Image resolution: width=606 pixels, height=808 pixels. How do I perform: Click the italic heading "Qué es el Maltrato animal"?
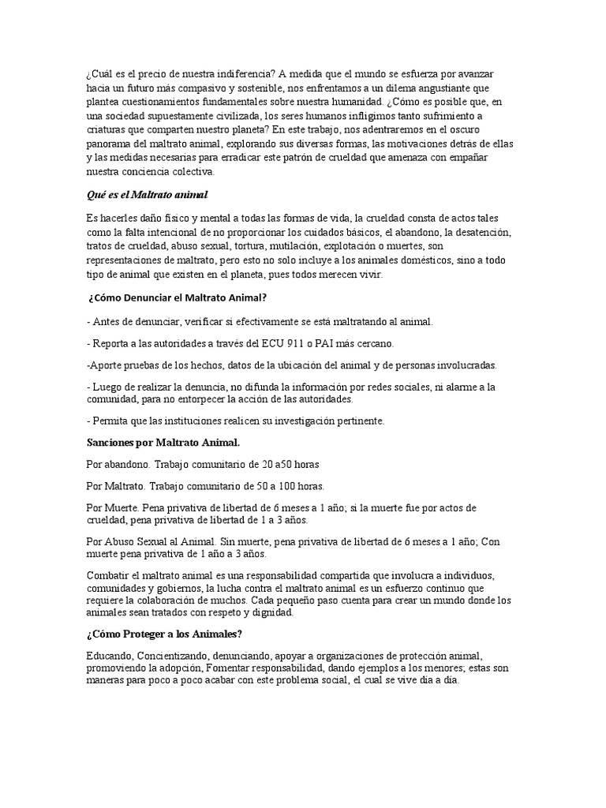pos(147,194)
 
